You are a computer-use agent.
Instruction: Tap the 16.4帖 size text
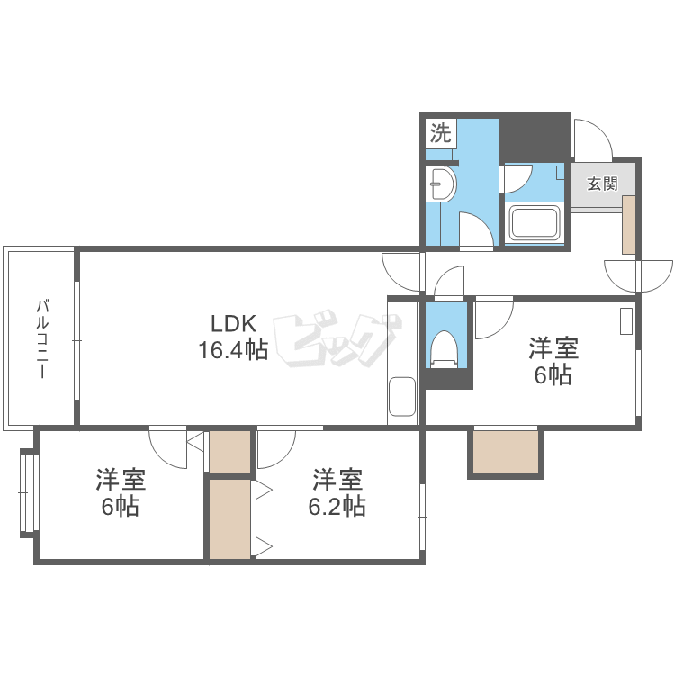tap(233, 349)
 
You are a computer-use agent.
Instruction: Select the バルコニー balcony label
tap(41, 337)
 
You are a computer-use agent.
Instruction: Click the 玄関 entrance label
tap(602, 184)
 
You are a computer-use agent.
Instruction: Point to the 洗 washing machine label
tap(439, 134)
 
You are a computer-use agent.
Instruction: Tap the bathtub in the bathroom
tap(535, 222)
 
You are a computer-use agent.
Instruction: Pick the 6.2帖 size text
tap(337, 506)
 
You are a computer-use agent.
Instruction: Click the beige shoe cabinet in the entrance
tap(628, 223)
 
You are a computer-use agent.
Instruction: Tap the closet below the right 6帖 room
tap(504, 452)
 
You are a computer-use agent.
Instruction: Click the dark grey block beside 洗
tap(534, 136)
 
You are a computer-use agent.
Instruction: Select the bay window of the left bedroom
tap(29, 493)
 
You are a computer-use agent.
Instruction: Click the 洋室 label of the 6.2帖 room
tap(337, 479)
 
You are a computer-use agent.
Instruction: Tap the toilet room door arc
tap(448, 283)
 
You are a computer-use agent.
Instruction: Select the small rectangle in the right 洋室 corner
tap(626, 321)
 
